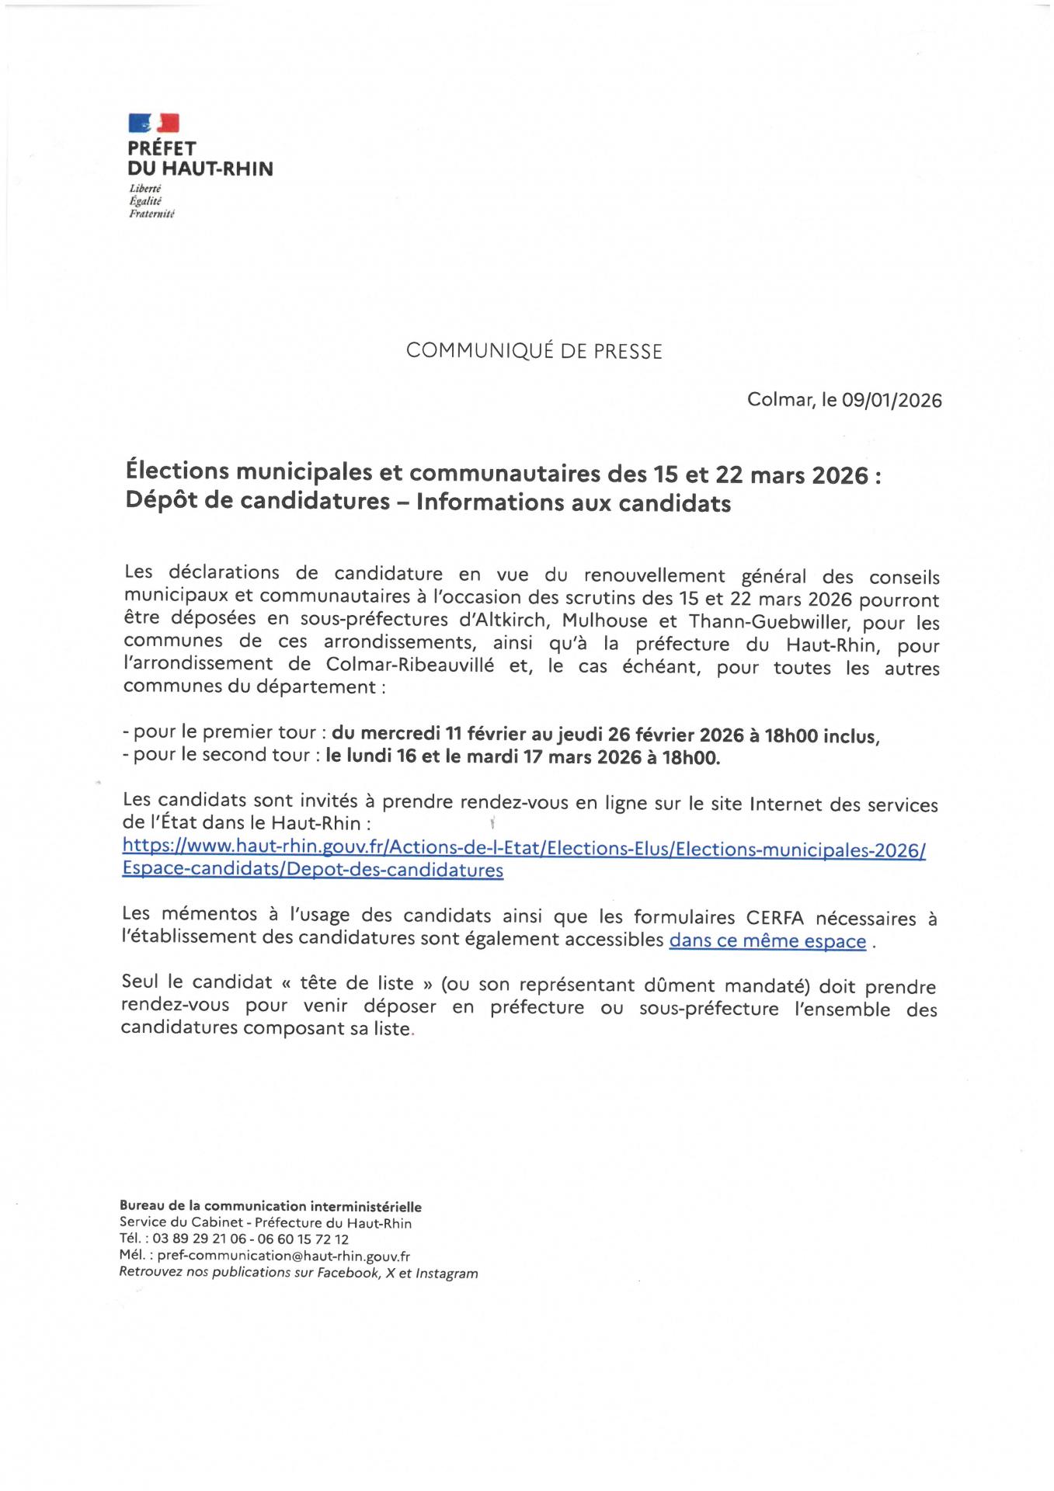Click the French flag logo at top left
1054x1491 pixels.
(154, 123)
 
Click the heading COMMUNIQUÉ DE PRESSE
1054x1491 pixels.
(534, 351)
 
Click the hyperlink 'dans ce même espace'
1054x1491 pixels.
(767, 941)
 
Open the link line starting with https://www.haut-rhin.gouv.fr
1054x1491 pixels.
(524, 849)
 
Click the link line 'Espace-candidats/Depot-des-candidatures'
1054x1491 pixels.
(312, 870)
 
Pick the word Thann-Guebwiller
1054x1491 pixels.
(764, 623)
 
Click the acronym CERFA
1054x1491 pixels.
(781, 918)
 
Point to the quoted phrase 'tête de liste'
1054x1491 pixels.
(357, 983)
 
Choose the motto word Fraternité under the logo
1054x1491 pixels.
(151, 214)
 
